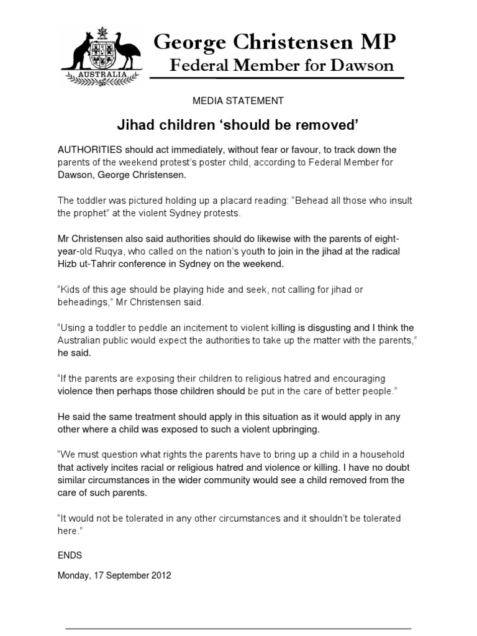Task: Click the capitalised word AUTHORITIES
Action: click(x=89, y=150)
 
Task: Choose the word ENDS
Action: click(x=70, y=555)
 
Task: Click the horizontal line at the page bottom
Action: click(x=238, y=628)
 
